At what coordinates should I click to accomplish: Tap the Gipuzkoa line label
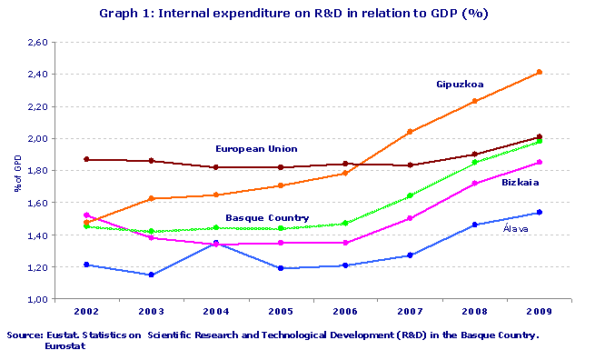tap(460, 85)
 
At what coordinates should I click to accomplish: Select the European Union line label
tap(256, 148)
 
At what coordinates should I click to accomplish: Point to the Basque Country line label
tap(267, 218)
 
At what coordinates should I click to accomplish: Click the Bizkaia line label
tap(519, 183)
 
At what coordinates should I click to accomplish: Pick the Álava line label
tap(518, 229)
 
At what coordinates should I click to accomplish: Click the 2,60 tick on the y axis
tap(37, 43)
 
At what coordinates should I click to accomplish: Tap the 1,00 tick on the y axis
tap(37, 299)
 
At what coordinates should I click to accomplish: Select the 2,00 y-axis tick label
tap(37, 139)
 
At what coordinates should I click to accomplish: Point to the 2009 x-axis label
tap(540, 311)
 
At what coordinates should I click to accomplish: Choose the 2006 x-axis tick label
tap(345, 311)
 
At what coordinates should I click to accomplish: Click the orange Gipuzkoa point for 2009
tap(540, 72)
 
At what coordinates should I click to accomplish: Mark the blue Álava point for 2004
tap(215, 243)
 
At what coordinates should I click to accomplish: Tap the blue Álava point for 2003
tap(151, 275)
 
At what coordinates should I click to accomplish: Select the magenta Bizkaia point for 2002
tap(85, 215)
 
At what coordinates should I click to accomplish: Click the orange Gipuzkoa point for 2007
tap(410, 132)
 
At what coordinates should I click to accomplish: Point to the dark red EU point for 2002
tap(85, 159)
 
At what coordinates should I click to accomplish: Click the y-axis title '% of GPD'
tap(16, 172)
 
